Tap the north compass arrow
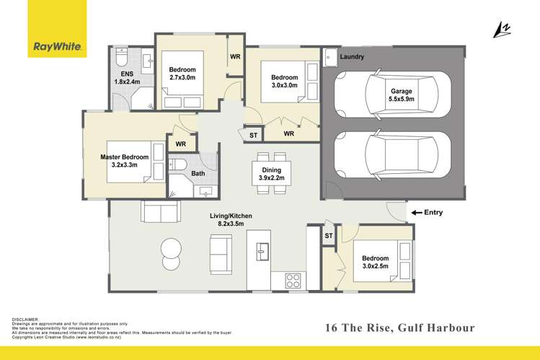[502, 30]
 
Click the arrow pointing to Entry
[417, 213]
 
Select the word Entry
[433, 213]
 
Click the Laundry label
[352, 56]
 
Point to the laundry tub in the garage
[330, 57]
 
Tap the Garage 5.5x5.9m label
[401, 95]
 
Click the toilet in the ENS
[122, 57]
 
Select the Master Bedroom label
[124, 161]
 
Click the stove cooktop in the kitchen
[293, 280]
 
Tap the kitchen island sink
[262, 251]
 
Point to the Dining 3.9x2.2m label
[271, 174]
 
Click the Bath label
[198, 173]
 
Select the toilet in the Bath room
[177, 164]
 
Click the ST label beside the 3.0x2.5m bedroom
[329, 236]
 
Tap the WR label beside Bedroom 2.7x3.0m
[235, 56]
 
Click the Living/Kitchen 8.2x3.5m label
[231, 220]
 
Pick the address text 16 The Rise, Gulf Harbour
[400, 328]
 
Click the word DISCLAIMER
[25, 320]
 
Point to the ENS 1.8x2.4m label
[127, 78]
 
